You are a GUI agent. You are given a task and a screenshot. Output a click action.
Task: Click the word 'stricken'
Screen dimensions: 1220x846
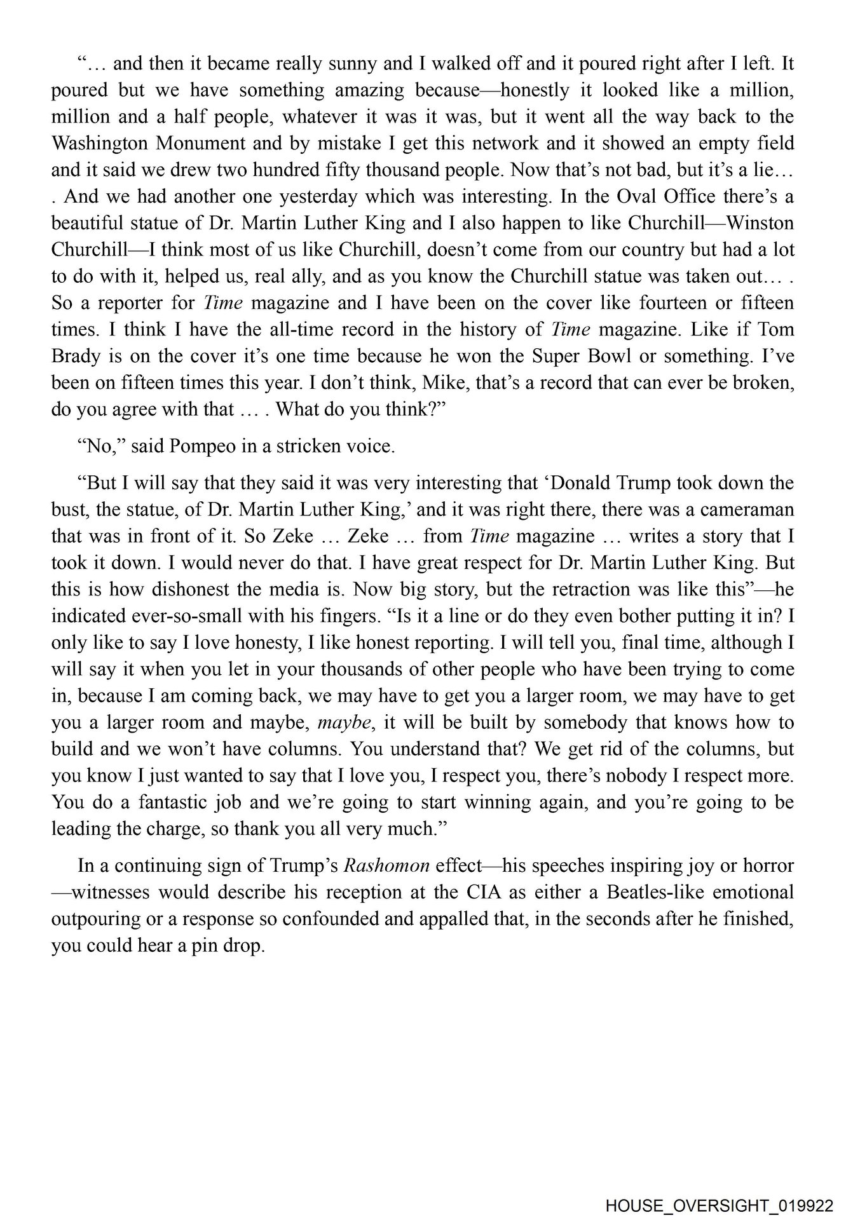tap(308, 446)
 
